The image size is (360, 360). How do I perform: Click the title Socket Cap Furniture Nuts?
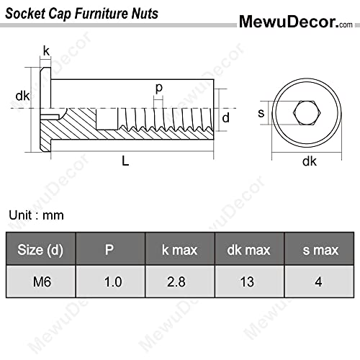tap(82, 13)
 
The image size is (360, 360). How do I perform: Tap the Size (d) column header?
tap(40, 250)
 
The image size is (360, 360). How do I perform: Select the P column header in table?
tap(110, 250)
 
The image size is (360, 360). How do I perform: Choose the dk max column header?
tap(248, 250)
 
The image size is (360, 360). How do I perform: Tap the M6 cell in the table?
tap(40, 282)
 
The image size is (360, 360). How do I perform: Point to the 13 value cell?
tap(248, 282)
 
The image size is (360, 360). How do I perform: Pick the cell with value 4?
tap(317, 282)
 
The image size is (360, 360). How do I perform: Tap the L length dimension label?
tap(125, 162)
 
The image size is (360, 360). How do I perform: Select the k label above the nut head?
tap(46, 50)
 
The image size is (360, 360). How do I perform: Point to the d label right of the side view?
tap(225, 117)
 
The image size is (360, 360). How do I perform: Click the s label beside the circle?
tap(261, 112)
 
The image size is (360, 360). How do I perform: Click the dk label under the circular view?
tap(310, 161)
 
